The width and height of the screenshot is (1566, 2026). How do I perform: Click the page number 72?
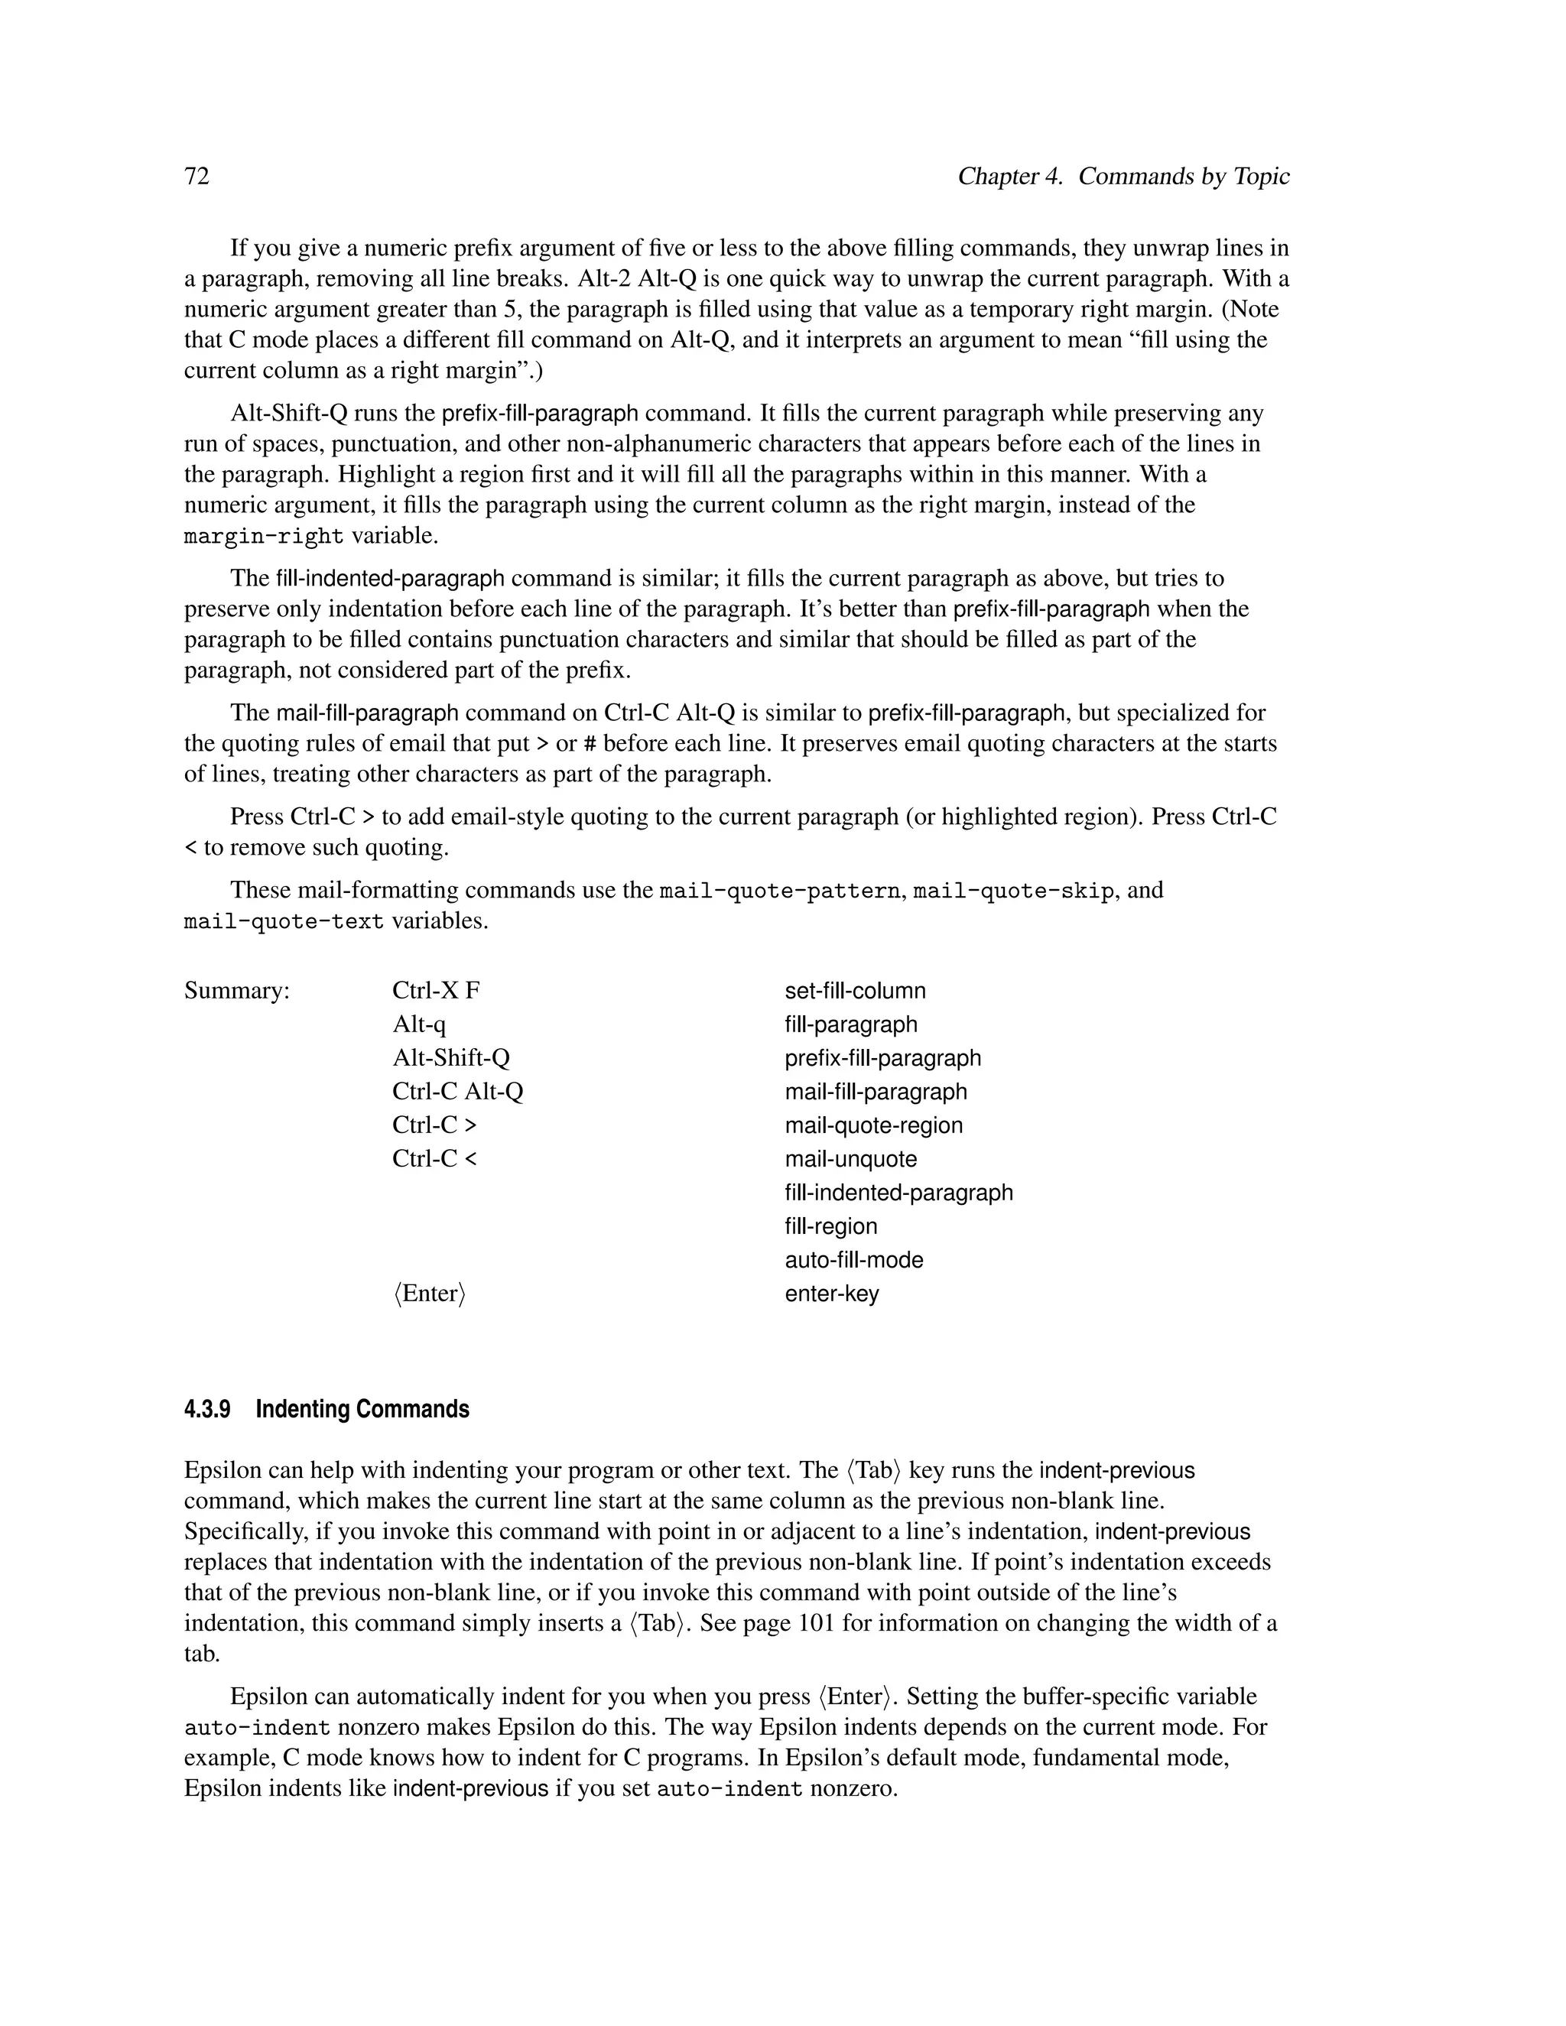pyautogui.click(x=197, y=177)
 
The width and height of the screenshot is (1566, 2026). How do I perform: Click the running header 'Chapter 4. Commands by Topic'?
pyautogui.click(x=1123, y=177)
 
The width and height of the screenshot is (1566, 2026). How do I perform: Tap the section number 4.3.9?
pyautogui.click(x=207, y=1409)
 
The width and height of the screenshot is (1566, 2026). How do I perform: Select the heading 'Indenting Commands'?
pyautogui.click(x=362, y=1409)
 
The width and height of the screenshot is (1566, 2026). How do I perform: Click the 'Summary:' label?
pyautogui.click(x=236, y=991)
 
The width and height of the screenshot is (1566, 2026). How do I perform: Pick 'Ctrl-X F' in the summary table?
pyautogui.click(x=436, y=991)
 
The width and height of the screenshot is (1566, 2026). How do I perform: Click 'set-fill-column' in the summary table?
pyautogui.click(x=854, y=991)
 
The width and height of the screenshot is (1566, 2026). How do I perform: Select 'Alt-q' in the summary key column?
pyautogui.click(x=418, y=1024)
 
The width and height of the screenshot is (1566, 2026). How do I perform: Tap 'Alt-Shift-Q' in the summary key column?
pyautogui.click(x=451, y=1057)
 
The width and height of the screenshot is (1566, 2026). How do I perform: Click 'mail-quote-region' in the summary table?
pyautogui.click(x=873, y=1125)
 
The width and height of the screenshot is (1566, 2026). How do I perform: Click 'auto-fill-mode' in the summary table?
pyautogui.click(x=853, y=1260)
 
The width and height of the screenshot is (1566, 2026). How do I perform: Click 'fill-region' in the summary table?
pyautogui.click(x=830, y=1226)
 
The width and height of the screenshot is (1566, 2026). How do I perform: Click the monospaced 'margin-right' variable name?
pyautogui.click(x=264, y=536)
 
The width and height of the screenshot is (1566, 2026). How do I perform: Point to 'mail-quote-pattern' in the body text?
pyautogui.click(x=779, y=891)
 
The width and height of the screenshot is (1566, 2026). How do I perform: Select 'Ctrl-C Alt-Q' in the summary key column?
pyautogui.click(x=457, y=1092)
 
